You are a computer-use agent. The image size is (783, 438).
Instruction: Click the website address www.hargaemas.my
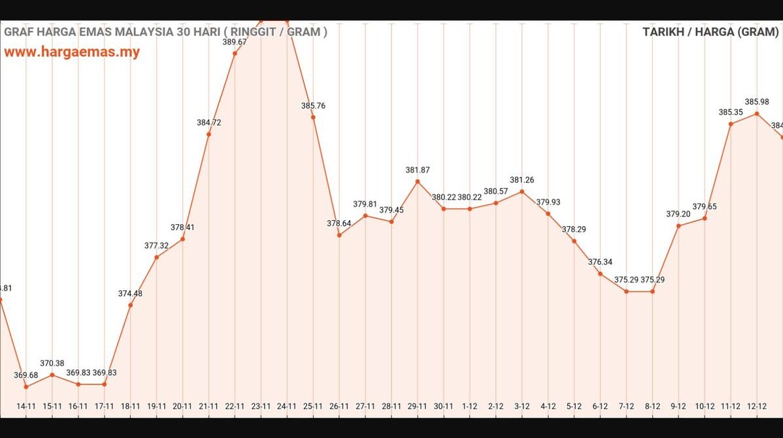72,52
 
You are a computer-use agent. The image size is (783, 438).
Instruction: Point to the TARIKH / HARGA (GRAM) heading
710,32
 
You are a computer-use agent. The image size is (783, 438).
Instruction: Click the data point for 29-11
418,181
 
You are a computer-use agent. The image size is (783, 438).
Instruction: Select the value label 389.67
235,42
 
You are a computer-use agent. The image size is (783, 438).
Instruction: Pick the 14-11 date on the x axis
26,407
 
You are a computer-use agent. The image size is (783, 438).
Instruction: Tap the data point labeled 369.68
26,386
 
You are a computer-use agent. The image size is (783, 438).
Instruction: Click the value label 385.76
313,106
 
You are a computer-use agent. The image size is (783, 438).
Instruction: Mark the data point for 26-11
339,235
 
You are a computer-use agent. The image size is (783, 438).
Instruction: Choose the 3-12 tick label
522,407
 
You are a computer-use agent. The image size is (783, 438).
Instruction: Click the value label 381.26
522,180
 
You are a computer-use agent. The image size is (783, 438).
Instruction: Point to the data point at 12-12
757,114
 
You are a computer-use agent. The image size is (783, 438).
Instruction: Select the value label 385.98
757,102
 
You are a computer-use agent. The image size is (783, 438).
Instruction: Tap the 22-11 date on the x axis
235,407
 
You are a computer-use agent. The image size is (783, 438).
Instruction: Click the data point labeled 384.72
208,134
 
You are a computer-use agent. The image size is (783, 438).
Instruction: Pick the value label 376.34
600,262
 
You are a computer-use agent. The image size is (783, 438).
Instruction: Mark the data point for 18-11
131,305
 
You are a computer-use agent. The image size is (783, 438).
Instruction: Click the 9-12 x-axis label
678,407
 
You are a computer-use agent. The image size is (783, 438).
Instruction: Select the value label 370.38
52,363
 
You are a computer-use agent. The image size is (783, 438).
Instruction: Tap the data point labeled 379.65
705,218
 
